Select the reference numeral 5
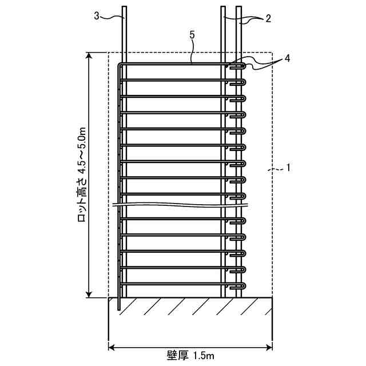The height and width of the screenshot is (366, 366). [x=192, y=35]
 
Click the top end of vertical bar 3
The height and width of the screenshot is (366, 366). [x=124, y=8]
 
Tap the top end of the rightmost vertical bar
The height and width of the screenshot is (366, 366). [x=238, y=8]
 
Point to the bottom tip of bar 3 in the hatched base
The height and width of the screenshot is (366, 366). [x=118, y=308]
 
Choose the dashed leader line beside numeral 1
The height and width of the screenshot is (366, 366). [x=276, y=170]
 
